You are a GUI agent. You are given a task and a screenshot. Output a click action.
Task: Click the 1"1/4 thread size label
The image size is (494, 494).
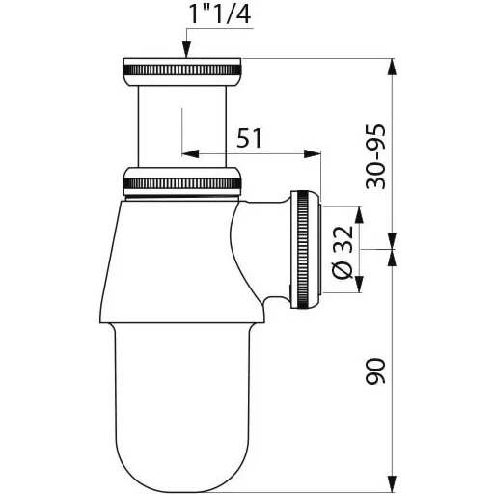(x=220, y=14)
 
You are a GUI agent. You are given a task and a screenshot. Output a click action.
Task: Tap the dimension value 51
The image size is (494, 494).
(x=249, y=138)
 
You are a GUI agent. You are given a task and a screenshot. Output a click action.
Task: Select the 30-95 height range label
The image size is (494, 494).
(x=375, y=156)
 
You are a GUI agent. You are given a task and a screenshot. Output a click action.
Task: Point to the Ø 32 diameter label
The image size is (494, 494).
(x=343, y=253)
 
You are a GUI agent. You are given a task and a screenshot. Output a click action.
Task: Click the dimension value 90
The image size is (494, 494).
(x=375, y=371)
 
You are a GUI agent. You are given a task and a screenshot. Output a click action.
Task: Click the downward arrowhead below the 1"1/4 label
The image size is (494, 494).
(x=186, y=50)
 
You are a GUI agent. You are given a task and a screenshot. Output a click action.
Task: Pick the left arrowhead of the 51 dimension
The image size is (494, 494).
(x=190, y=153)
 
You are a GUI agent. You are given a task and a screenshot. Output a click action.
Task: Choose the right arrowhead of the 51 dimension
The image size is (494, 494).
(x=313, y=153)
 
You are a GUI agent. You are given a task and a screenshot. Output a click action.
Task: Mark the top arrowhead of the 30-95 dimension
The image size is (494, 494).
(x=392, y=67)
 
